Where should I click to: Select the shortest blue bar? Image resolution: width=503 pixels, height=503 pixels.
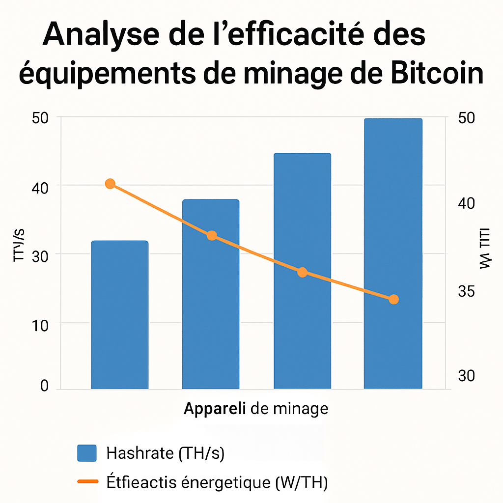coord(119,314)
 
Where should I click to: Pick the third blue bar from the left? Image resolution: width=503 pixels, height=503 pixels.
coord(302,271)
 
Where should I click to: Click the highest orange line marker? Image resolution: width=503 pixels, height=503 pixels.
coord(110,184)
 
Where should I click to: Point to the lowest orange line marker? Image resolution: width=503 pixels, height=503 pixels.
coord(393,299)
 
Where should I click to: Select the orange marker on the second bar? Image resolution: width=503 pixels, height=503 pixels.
coord(212,235)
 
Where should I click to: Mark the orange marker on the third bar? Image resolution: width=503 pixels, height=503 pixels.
coord(302,272)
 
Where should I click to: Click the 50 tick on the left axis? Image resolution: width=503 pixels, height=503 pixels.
coord(40,118)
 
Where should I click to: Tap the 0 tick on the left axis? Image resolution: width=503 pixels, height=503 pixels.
coord(44,386)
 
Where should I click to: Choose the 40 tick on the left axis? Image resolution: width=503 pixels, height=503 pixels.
coord(40,187)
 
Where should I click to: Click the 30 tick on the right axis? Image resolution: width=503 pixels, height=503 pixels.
coord(467,376)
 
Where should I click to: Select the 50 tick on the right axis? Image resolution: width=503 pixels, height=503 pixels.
coord(467,118)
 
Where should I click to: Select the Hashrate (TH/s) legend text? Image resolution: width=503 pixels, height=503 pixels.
coord(165,453)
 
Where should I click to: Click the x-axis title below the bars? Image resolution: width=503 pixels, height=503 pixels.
coord(256,408)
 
